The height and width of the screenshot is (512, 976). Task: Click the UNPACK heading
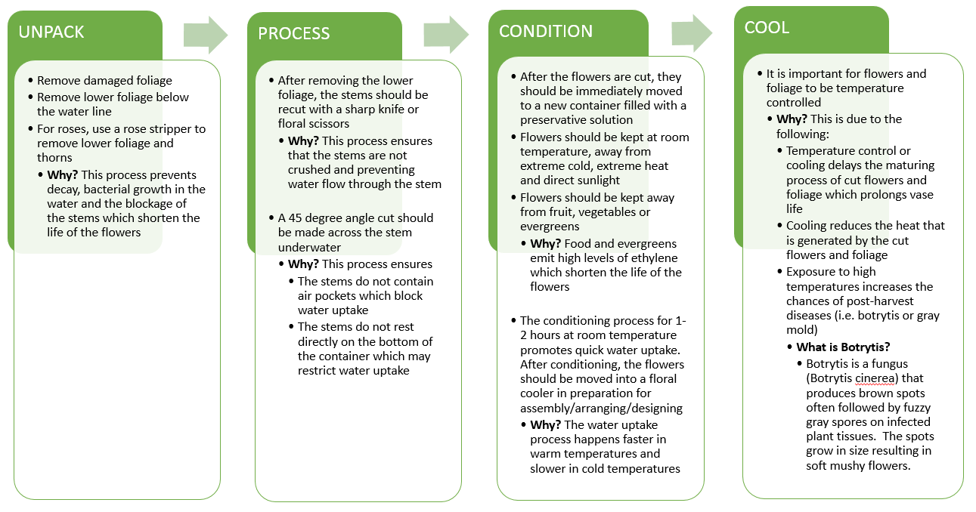[x=51, y=32]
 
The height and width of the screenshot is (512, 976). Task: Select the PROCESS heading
[x=293, y=33]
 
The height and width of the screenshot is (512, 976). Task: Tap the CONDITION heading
[x=546, y=32]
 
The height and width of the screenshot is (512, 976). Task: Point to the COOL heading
[x=767, y=27]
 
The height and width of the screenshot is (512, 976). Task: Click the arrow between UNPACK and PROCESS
[x=206, y=35]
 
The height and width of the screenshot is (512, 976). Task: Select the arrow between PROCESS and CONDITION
[x=446, y=35]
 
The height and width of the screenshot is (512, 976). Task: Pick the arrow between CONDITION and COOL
[x=692, y=33]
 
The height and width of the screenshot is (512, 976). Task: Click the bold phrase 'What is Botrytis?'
[x=843, y=347]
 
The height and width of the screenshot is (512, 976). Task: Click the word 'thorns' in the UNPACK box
[x=54, y=158]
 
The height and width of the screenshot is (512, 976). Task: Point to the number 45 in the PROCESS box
[x=296, y=218]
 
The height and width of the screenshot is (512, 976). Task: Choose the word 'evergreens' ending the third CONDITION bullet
[x=550, y=227]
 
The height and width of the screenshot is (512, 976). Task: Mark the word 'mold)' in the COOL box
[x=801, y=330]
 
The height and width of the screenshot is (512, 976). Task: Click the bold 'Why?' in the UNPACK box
[x=62, y=175]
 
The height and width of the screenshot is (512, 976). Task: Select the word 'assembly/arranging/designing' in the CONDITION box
[x=601, y=409]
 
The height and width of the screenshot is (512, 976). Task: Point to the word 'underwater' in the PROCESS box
[x=309, y=247]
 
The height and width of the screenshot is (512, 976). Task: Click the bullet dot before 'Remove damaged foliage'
[x=30, y=80]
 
